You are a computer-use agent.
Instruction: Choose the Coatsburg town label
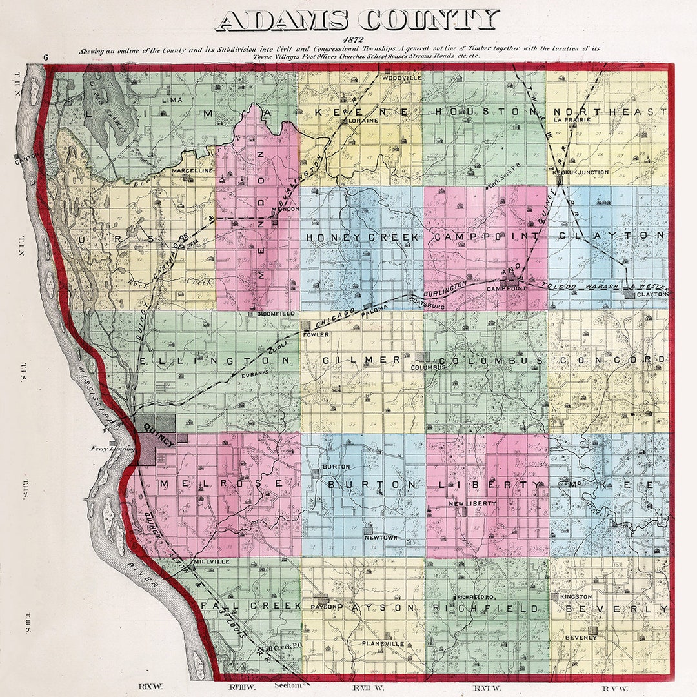(427, 307)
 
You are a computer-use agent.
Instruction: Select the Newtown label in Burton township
(380, 537)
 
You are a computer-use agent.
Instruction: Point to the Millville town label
(212, 562)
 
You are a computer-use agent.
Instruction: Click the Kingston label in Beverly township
(576, 597)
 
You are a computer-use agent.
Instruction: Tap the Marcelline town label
(192, 170)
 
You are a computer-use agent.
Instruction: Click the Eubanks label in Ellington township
(254, 373)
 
